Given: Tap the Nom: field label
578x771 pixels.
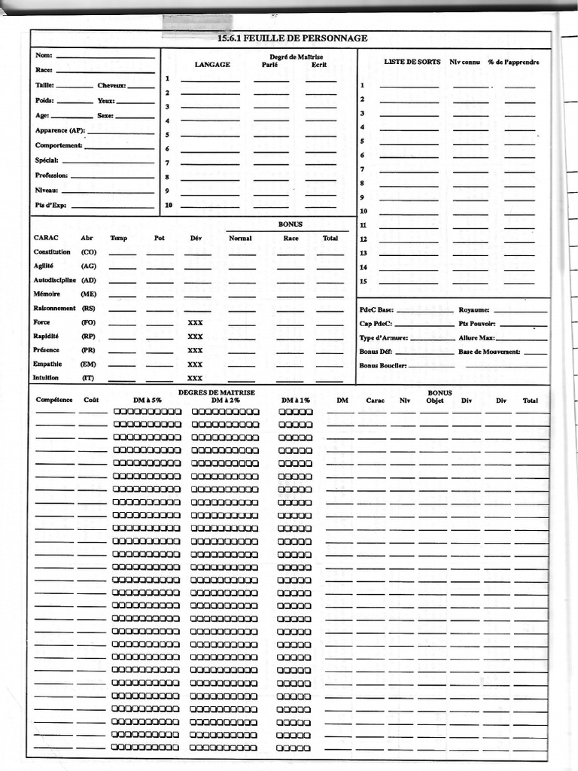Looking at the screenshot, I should pyautogui.click(x=44, y=55).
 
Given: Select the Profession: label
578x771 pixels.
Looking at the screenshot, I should pyautogui.click(x=51, y=175).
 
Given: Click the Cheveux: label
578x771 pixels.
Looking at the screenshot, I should pyautogui.click(x=111, y=86).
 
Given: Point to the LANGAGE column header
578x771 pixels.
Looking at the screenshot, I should pyautogui.click(x=212, y=65).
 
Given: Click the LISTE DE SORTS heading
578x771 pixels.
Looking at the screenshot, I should pyautogui.click(x=411, y=62).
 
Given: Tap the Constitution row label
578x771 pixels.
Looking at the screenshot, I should pyautogui.click(x=52, y=252).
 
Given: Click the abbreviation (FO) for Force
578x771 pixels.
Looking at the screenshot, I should pyautogui.click(x=89, y=322).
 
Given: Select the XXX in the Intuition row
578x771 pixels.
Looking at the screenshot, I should pyautogui.click(x=195, y=378).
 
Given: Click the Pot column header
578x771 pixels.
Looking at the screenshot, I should pyautogui.click(x=159, y=238).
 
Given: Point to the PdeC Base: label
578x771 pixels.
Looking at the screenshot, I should pyautogui.click(x=376, y=309).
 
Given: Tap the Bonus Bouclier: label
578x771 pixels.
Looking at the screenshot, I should pyautogui.click(x=383, y=366).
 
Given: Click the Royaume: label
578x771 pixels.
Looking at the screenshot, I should pyautogui.click(x=474, y=309).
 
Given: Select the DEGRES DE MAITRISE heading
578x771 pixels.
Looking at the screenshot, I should pyautogui.click(x=217, y=392).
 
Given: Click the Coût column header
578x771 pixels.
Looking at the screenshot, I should pyautogui.click(x=91, y=400).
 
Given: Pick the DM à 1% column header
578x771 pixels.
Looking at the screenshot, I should pyautogui.click(x=295, y=400).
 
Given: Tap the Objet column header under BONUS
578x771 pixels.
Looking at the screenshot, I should pyautogui.click(x=435, y=401).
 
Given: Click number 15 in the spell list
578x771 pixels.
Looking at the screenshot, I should pyautogui.click(x=363, y=282).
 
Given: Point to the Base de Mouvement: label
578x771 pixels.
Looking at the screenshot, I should pyautogui.click(x=489, y=352).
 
